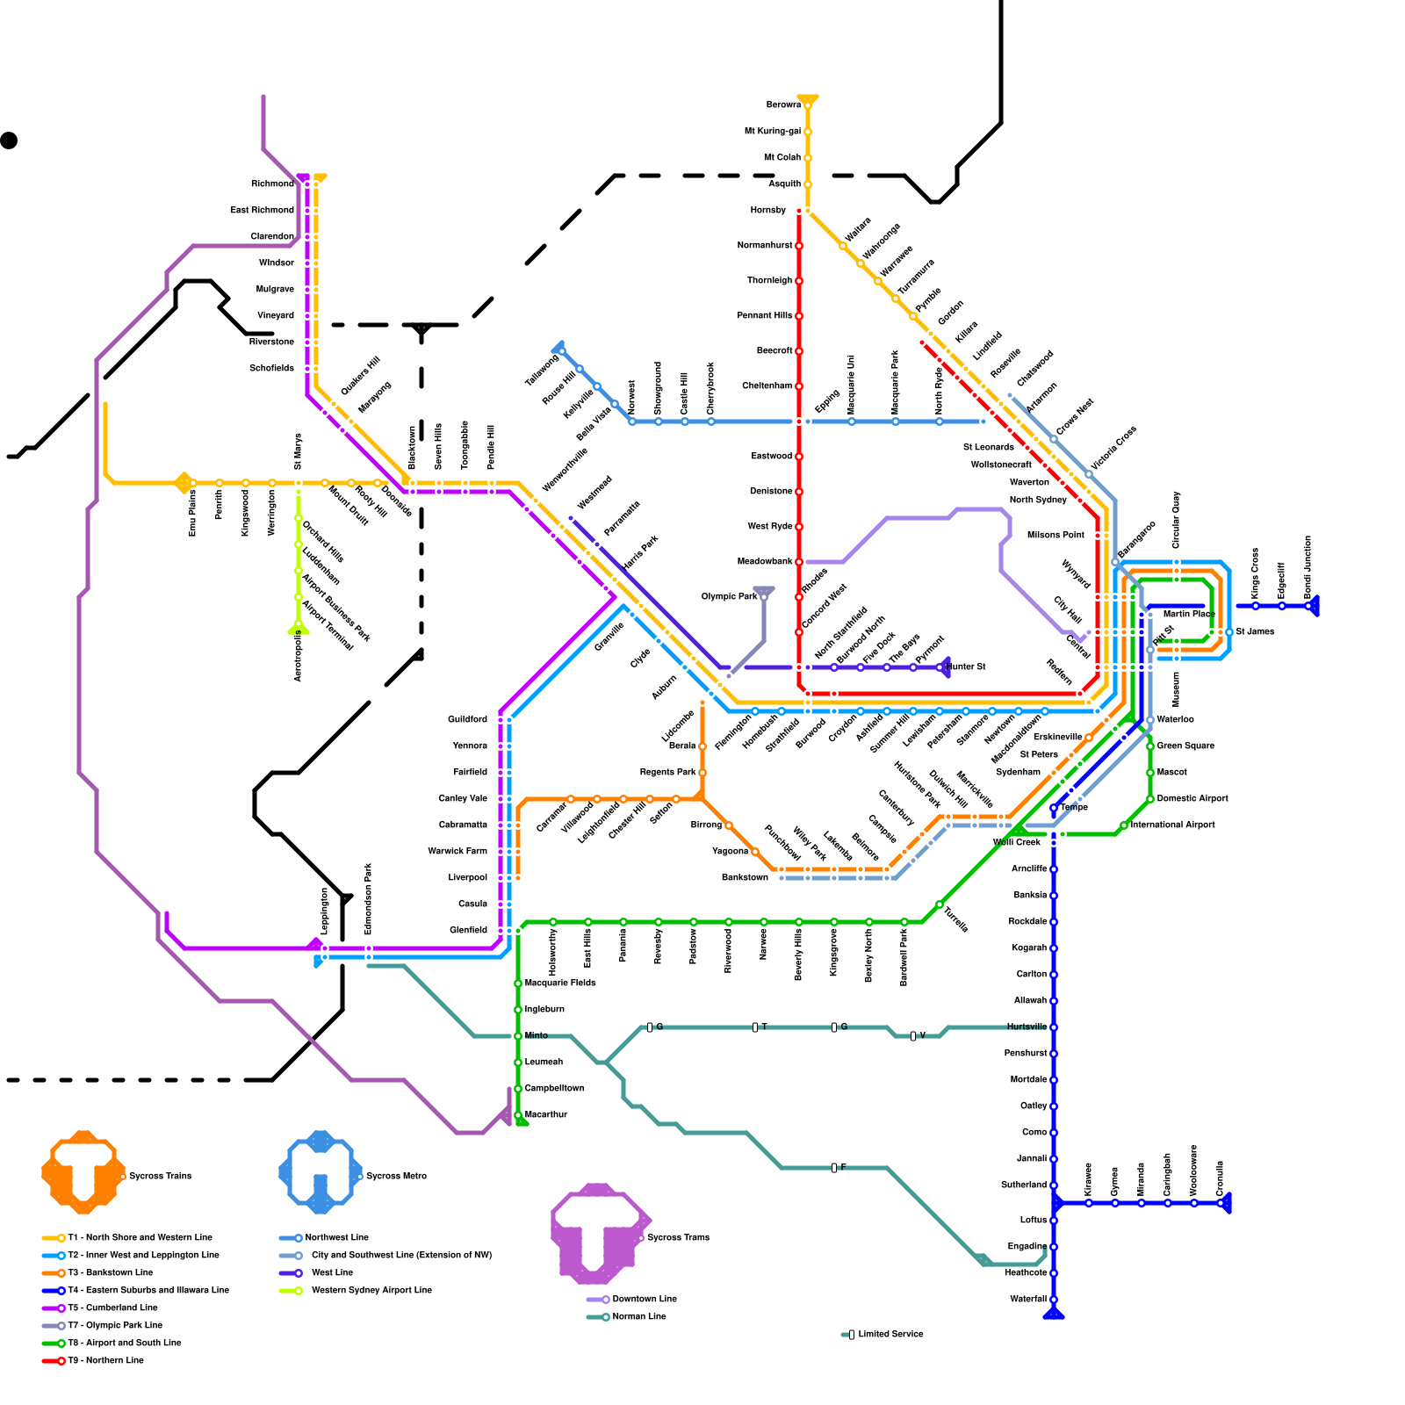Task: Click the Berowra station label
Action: point(783,105)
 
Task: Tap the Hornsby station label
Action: point(768,211)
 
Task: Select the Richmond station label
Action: point(272,184)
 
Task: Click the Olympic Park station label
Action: point(729,597)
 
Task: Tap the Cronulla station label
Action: point(1221,1178)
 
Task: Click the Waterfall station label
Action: point(1028,1300)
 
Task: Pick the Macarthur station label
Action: point(546,1115)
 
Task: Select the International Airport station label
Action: point(1173,825)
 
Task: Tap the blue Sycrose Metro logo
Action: point(320,1171)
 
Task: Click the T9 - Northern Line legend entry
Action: point(106,1361)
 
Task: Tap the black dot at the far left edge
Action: point(9,140)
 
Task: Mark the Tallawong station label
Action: point(542,371)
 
